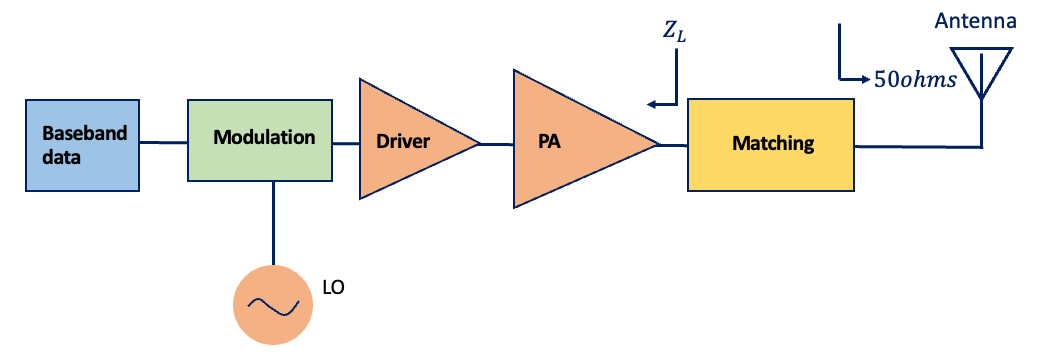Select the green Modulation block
[260, 141]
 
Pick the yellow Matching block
[771, 145]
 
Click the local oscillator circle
[271, 303]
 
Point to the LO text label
[334, 288]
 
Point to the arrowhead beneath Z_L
[652, 103]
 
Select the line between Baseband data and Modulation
[163, 143]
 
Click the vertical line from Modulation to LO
[271, 225]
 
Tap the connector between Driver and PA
[496, 143]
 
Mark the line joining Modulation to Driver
[345, 143]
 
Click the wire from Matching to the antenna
[915, 147]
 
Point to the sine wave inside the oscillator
[271, 304]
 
